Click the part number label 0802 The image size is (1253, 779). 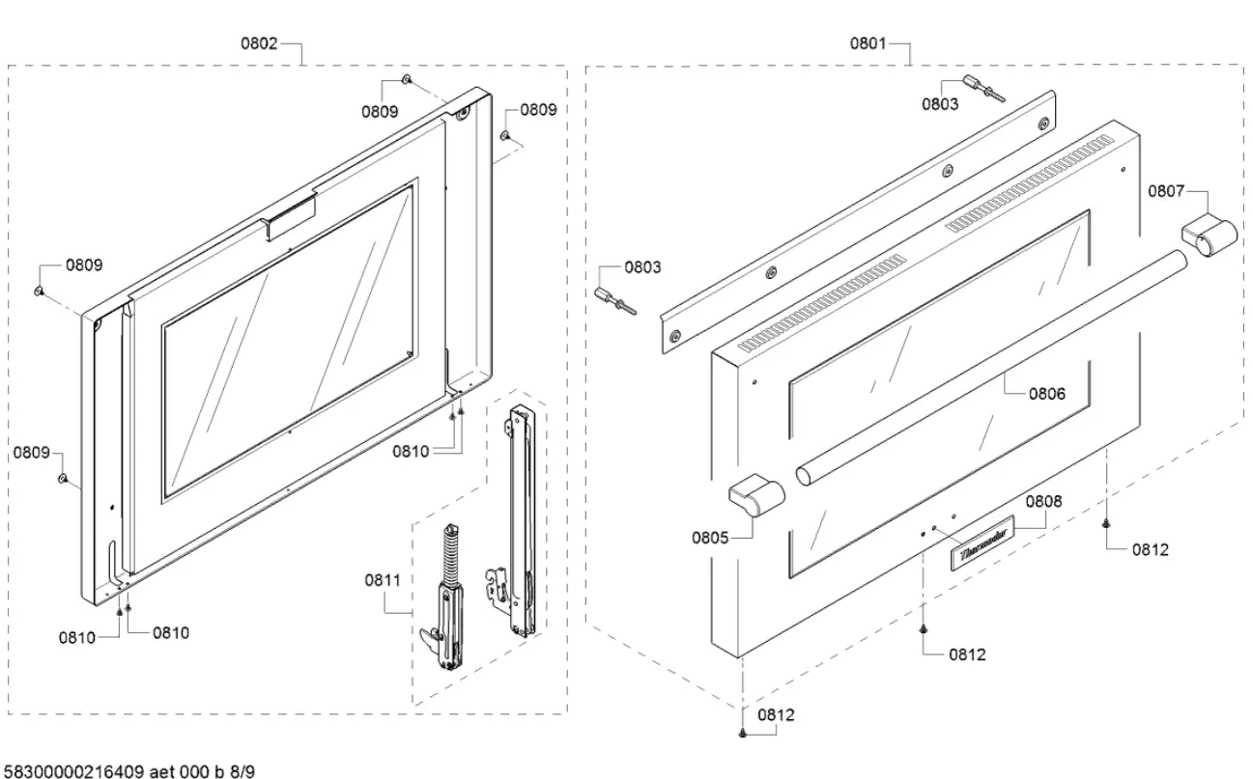[259, 43]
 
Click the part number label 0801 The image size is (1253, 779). [869, 43]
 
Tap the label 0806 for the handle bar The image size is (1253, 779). [1046, 393]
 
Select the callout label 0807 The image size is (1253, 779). [1166, 191]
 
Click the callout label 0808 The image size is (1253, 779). [1042, 501]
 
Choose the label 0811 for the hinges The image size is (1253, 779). [384, 580]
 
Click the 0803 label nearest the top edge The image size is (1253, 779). [939, 103]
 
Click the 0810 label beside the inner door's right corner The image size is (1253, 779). [412, 450]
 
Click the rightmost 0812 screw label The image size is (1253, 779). [1150, 549]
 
